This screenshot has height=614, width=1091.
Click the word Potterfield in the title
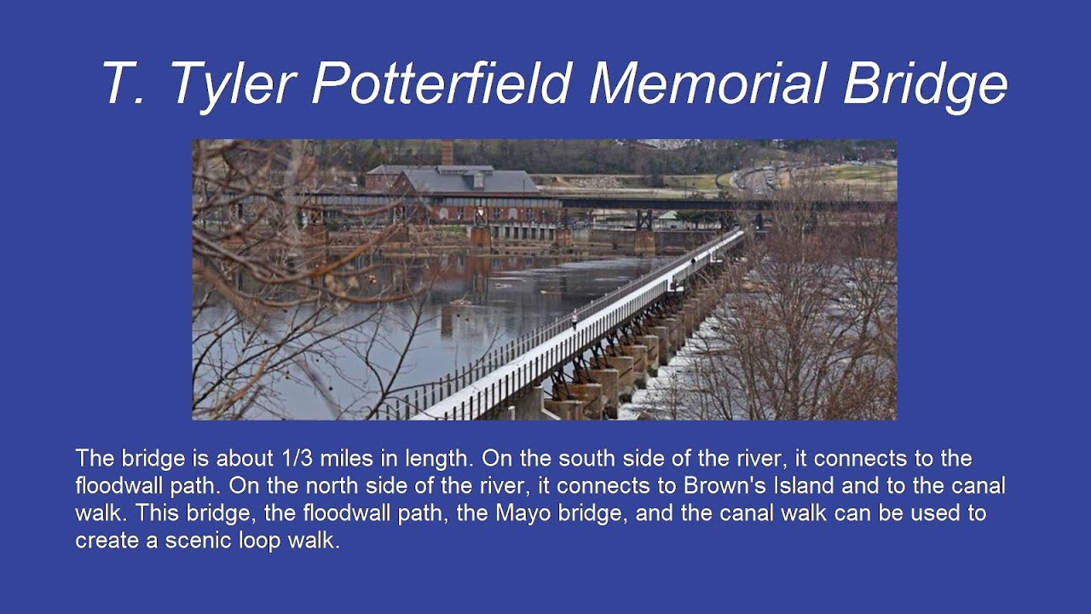[442, 84]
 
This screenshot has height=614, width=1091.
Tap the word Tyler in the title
[232, 84]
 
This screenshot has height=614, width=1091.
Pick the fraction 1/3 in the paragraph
[299, 459]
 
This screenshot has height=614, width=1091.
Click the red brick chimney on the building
[447, 153]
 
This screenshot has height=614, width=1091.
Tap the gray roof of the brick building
[469, 182]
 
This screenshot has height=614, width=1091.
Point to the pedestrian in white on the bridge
[574, 319]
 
